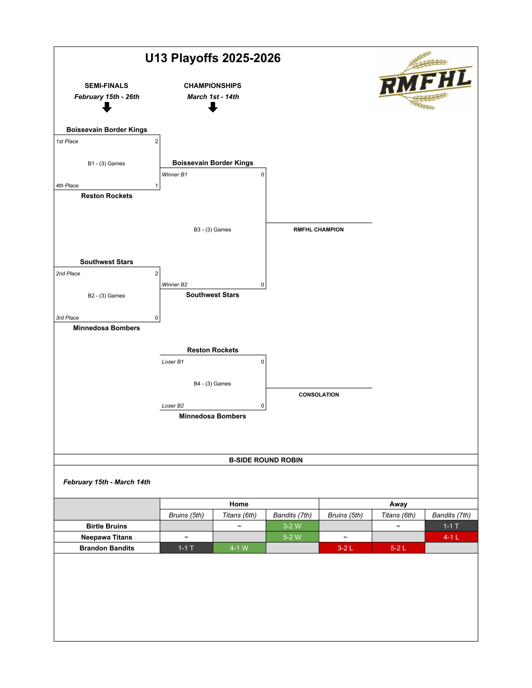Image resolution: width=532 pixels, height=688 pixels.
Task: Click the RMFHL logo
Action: click(425, 81)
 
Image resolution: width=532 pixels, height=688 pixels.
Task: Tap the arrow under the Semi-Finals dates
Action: click(107, 107)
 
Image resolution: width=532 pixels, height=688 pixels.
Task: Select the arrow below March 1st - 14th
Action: click(213, 107)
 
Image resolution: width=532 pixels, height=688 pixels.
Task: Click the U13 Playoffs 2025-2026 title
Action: click(213, 58)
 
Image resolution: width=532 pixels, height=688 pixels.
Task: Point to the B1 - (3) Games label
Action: click(106, 163)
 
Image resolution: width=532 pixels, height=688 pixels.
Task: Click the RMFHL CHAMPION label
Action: click(318, 230)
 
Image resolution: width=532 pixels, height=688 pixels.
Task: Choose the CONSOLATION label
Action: click(319, 395)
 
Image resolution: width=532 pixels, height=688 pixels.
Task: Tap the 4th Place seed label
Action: click(67, 185)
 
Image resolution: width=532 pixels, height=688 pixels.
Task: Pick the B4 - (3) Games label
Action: click(212, 384)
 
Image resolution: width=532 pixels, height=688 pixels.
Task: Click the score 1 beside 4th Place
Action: click(157, 185)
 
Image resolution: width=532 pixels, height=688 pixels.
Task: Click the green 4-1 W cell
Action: click(239, 548)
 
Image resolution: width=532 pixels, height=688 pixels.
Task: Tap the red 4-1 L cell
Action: click(451, 537)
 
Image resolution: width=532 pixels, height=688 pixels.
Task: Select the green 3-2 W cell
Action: click(292, 526)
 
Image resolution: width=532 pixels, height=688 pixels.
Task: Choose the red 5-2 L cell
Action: click(398, 548)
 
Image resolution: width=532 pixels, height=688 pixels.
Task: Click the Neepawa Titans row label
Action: click(107, 537)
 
